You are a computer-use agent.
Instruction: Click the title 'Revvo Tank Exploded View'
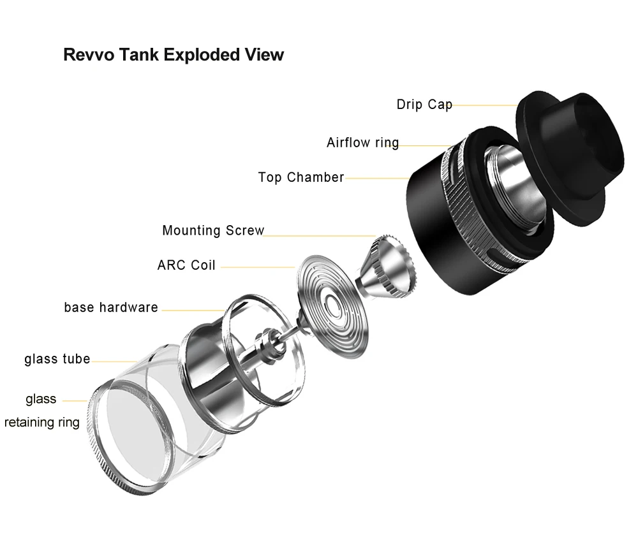point(174,55)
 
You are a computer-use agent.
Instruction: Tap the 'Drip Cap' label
point(424,105)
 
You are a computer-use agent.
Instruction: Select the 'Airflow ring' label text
point(362,143)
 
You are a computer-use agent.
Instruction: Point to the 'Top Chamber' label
point(301,177)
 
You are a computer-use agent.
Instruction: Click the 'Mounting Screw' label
point(213,231)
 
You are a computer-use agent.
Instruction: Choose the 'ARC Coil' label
point(186,265)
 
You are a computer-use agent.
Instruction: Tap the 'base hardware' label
point(110,307)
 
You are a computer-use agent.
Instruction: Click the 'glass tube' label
point(57,359)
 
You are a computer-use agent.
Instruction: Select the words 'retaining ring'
point(42,423)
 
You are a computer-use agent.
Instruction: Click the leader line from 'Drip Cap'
point(485,105)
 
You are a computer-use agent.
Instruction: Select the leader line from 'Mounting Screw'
point(320,235)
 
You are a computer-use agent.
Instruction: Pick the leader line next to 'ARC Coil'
point(258,267)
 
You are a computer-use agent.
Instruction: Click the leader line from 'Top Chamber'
point(377,178)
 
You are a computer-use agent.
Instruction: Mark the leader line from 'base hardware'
point(193,311)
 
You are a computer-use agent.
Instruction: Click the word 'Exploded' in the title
point(202,55)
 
